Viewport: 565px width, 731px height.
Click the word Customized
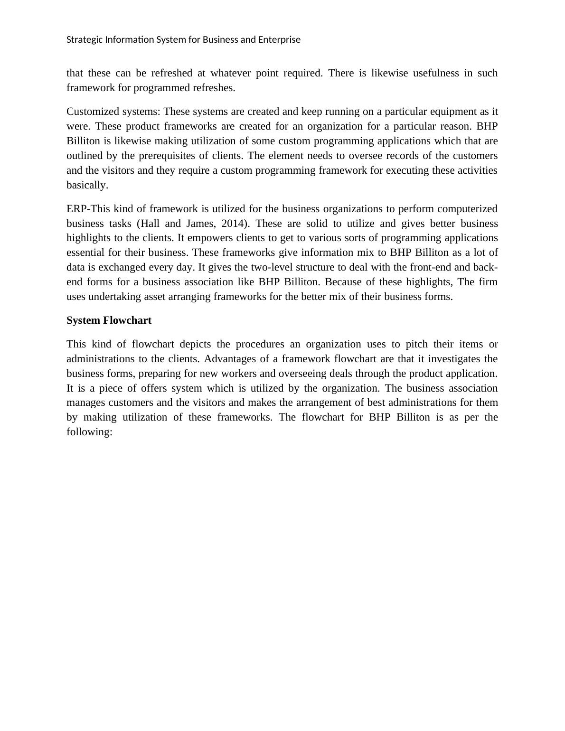(89, 112)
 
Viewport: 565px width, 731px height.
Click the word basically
(87, 185)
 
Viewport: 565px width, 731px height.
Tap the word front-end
(429, 267)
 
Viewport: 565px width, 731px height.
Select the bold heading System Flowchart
(109, 320)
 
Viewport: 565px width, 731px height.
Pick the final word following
(89, 432)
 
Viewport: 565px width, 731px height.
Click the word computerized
(467, 209)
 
